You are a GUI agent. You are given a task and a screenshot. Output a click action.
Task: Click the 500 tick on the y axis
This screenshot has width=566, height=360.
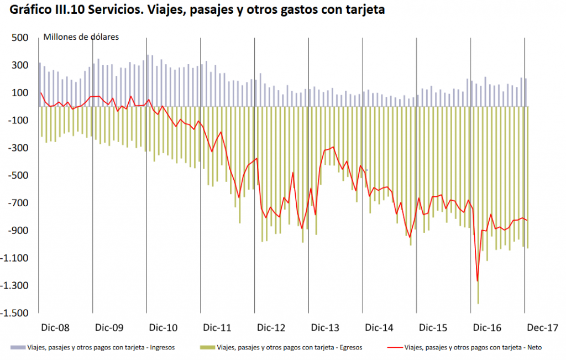pyautogui.click(x=20, y=38)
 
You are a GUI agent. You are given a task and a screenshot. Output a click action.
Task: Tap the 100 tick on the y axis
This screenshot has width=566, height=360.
pyautogui.click(x=20, y=93)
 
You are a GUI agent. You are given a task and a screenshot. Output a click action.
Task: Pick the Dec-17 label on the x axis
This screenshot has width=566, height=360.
pyautogui.click(x=542, y=328)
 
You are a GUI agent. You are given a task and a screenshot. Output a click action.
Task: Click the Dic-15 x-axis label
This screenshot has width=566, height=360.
pyautogui.click(x=434, y=328)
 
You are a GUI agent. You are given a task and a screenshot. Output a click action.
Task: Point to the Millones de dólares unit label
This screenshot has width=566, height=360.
pyautogui.click(x=82, y=37)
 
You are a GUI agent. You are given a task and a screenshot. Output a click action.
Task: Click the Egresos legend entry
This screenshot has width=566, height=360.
pyautogui.click(x=290, y=347)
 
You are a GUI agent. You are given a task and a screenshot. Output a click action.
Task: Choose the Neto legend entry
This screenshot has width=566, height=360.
pyautogui.click(x=474, y=347)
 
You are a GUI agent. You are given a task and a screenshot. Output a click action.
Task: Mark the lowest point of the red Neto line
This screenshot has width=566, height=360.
pyautogui.click(x=477, y=281)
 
